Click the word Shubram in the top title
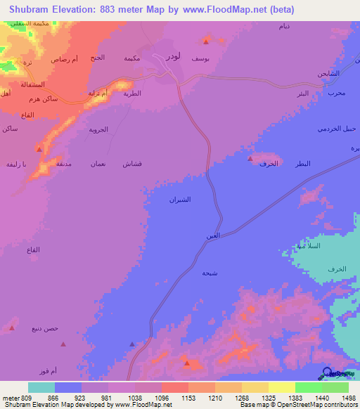[x=32, y=10]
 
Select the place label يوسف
[x=201, y=59]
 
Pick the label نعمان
[x=98, y=163]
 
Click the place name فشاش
[x=132, y=163]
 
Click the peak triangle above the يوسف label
[x=207, y=39]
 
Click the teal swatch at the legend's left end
[x=41, y=387]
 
